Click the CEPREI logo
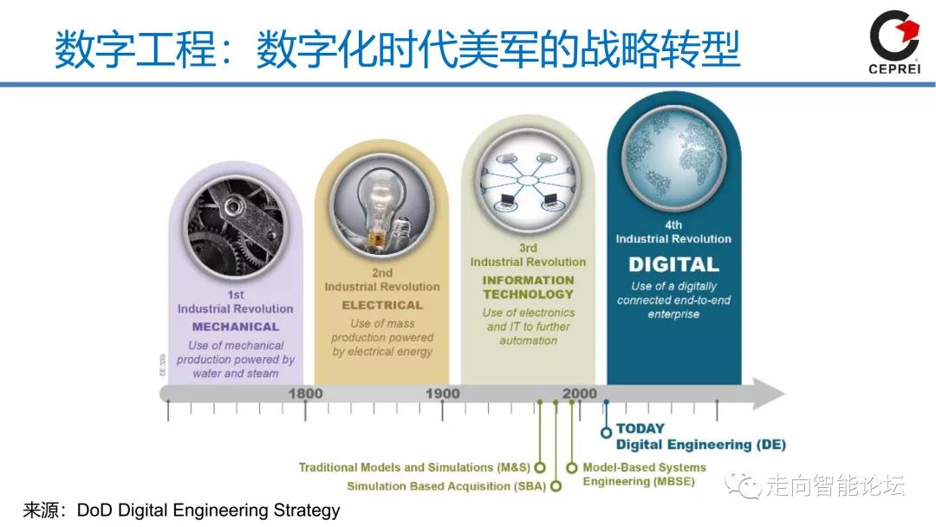point(894,42)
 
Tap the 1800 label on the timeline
point(305,394)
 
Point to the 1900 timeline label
point(442,394)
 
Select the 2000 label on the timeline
point(579,394)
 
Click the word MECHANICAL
point(236,327)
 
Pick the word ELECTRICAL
point(382,305)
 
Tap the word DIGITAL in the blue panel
point(673,264)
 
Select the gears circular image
point(236,228)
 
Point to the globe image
point(674,158)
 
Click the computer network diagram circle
point(529,181)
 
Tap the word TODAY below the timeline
point(640,428)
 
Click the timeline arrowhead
point(768,394)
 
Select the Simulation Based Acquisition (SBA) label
point(446,486)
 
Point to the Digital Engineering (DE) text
point(701,445)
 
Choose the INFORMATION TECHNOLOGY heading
point(529,287)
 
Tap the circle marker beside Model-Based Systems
point(572,468)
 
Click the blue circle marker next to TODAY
point(607,432)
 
